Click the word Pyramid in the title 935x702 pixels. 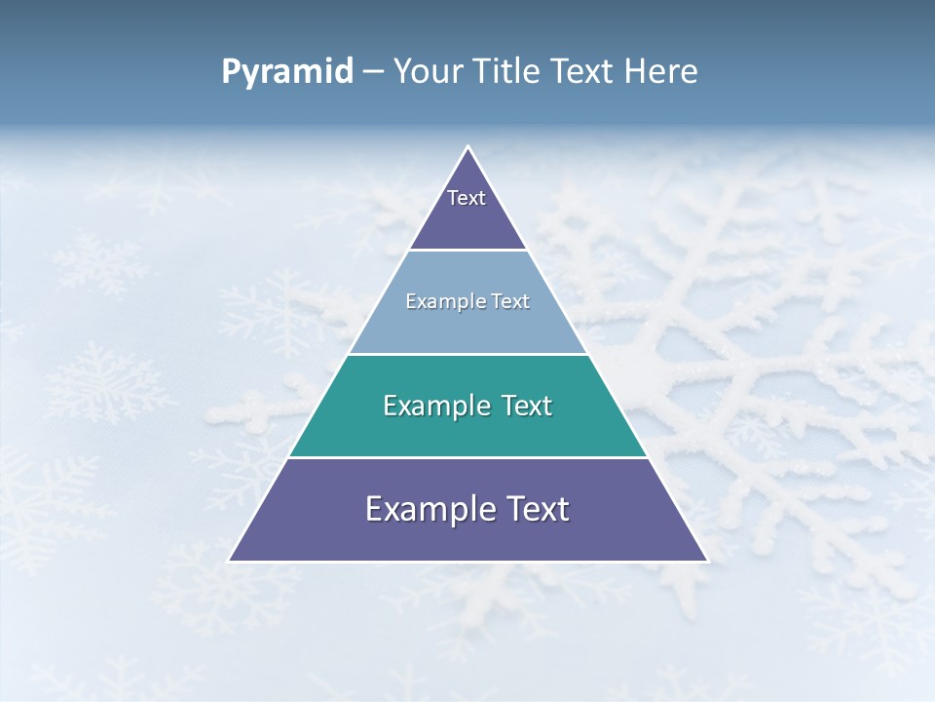(286, 72)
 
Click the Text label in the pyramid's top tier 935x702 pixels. (467, 198)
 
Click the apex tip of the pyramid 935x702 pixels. (467, 147)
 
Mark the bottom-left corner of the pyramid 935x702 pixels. (230, 561)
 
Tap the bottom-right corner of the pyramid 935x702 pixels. (706, 561)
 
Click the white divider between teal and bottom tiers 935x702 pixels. (467, 457)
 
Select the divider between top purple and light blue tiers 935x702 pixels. (467, 250)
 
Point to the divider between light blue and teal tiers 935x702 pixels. (467, 354)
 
